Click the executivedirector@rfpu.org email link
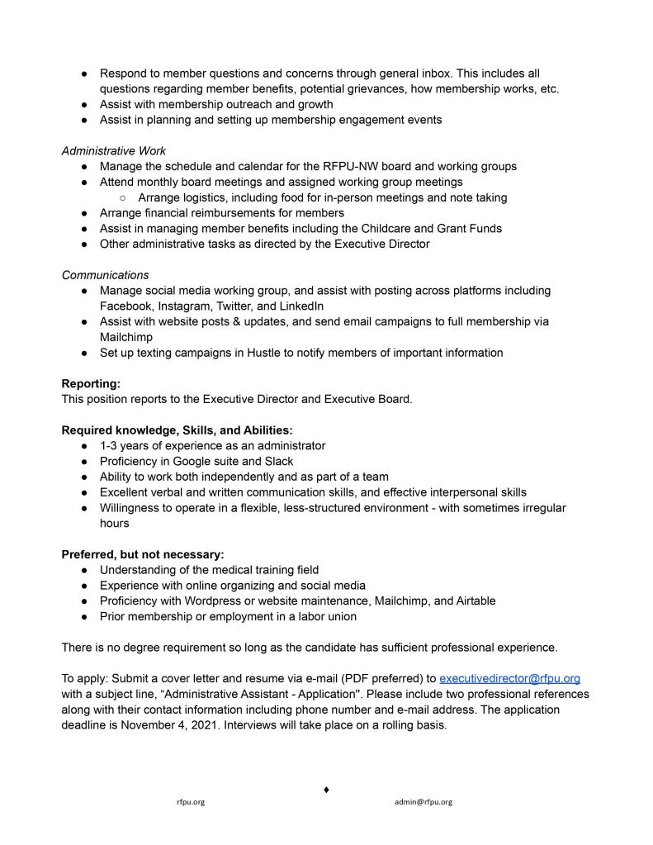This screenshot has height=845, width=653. coord(509,678)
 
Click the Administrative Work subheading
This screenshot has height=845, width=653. coord(114,151)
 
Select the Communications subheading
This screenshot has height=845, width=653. coord(105,275)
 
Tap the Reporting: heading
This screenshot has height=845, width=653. coord(91,383)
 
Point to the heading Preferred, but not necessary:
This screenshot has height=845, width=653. coord(143,554)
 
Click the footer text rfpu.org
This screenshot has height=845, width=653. coord(191,802)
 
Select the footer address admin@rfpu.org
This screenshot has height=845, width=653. coord(423,802)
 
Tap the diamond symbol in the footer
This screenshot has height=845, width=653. coord(326,790)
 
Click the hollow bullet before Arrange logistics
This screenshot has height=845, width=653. coord(123,197)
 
